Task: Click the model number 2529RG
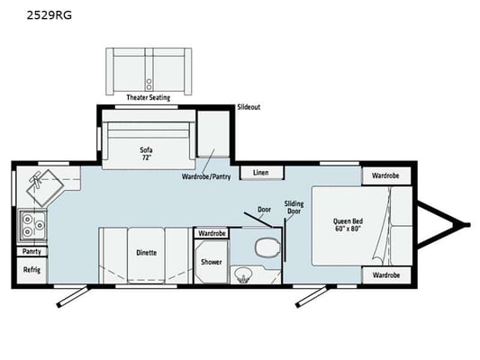pyautogui.click(x=50, y=15)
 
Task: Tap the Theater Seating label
pyautogui.click(x=149, y=97)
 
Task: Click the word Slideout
pyautogui.click(x=249, y=107)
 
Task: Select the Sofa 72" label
pyautogui.click(x=146, y=154)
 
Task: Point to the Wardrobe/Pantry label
pyautogui.click(x=206, y=176)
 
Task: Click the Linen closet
pyautogui.click(x=262, y=173)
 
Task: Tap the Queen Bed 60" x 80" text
pyautogui.click(x=348, y=225)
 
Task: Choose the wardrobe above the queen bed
pyautogui.click(x=386, y=175)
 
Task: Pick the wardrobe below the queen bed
pyautogui.click(x=386, y=275)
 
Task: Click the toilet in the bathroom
pyautogui.click(x=267, y=247)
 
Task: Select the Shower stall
pyautogui.click(x=212, y=262)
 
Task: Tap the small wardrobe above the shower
pyautogui.click(x=212, y=233)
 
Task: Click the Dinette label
pyautogui.click(x=146, y=253)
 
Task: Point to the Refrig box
pyautogui.click(x=32, y=270)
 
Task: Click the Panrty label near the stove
pyautogui.click(x=32, y=251)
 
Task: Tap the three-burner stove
pyautogui.click(x=33, y=225)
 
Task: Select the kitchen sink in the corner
pyautogui.click(x=45, y=187)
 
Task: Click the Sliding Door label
pyautogui.click(x=294, y=207)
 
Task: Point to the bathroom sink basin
pyautogui.click(x=243, y=275)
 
